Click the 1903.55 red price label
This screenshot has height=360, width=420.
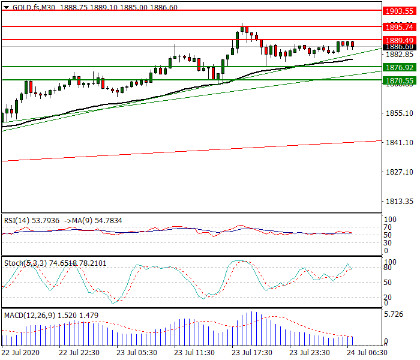point(399,11)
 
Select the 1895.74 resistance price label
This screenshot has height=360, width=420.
point(399,27)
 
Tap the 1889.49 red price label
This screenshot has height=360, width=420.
point(399,40)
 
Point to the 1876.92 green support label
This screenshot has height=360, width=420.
point(399,67)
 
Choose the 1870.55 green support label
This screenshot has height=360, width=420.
point(399,80)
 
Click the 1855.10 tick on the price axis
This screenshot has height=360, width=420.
point(398,113)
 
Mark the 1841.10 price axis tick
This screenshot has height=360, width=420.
point(398,143)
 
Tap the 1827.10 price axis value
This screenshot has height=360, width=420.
point(398,172)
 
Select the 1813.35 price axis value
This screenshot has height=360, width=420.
point(398,202)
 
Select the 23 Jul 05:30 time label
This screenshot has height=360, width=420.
point(136,352)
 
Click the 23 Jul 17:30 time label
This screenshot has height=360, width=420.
point(251,352)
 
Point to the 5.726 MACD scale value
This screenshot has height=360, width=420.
point(394,314)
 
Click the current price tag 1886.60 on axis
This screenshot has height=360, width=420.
point(399,47)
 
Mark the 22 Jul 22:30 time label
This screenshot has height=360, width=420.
point(79,352)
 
